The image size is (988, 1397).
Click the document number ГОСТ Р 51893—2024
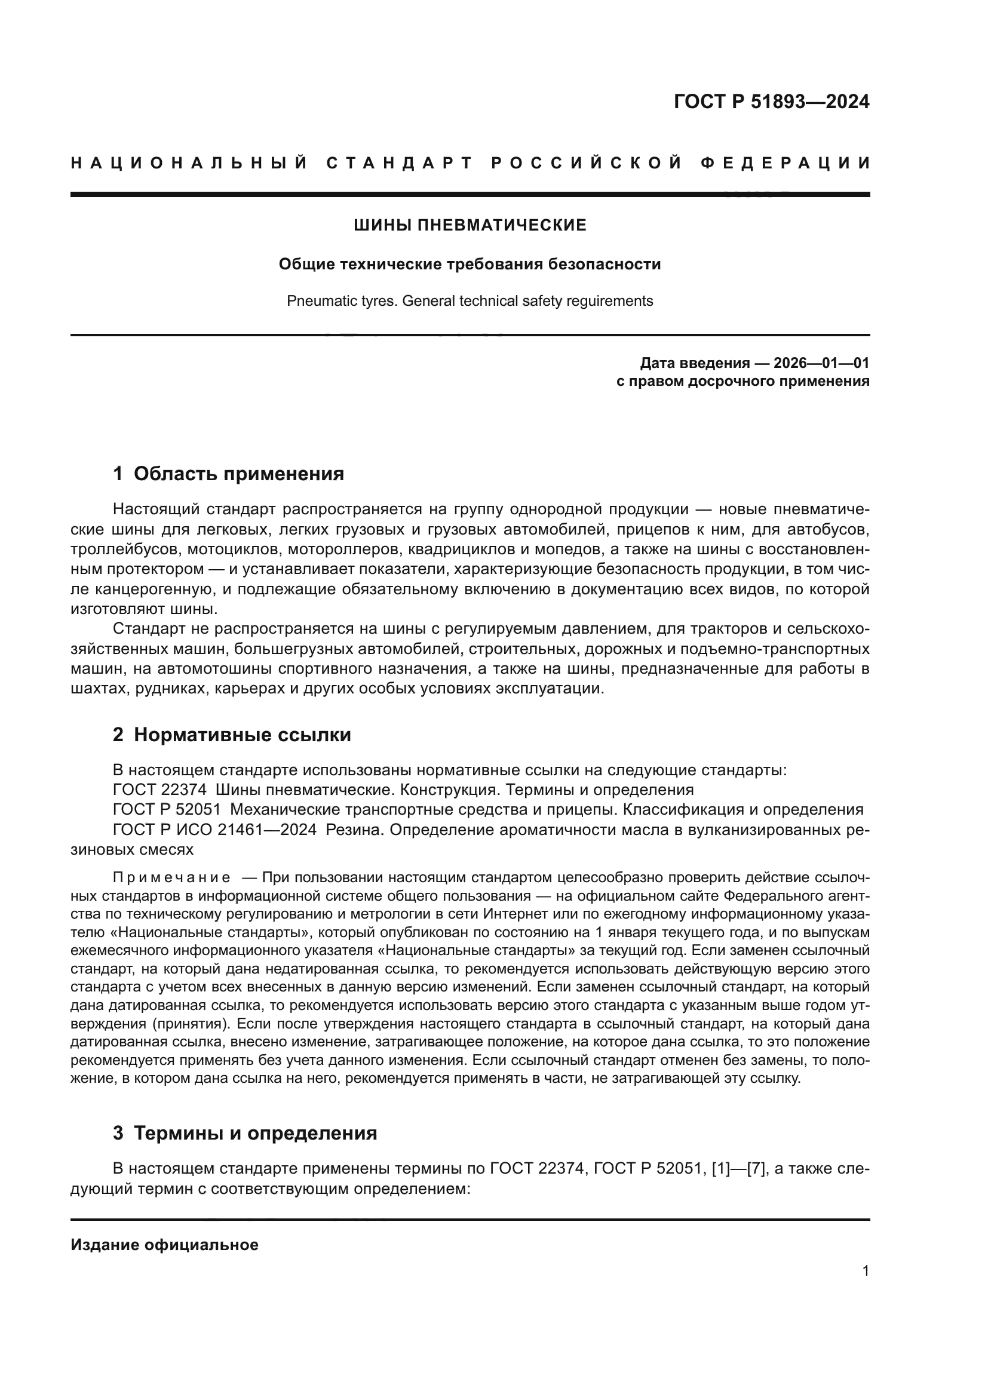[771, 102]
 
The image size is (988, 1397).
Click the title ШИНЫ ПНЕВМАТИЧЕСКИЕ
[470, 226]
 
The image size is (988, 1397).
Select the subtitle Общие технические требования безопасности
[470, 265]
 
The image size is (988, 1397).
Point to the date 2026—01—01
[821, 363]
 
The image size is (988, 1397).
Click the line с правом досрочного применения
[742, 382]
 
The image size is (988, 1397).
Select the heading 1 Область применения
[228, 474]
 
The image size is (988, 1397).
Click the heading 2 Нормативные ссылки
[232, 735]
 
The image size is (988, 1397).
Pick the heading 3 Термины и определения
[244, 1133]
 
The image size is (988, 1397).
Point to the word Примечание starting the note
[171, 877]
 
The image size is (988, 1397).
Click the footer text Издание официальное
[164, 1245]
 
